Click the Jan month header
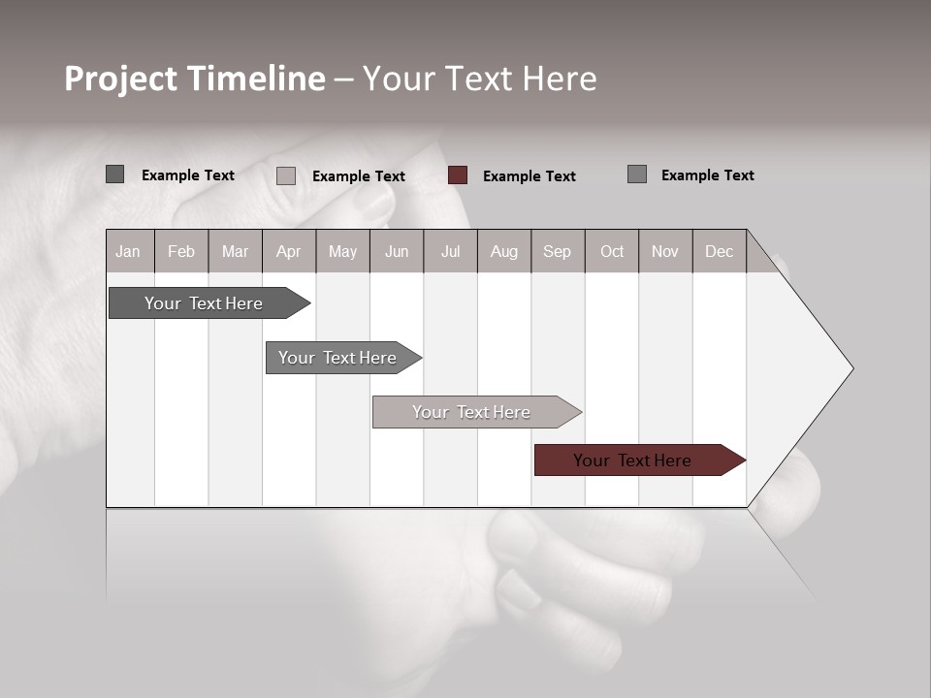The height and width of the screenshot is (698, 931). tap(128, 251)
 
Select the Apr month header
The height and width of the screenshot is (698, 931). tap(288, 251)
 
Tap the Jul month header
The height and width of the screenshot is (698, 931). tap(450, 251)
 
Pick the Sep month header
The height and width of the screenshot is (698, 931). tap(557, 251)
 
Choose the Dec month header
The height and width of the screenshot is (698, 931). tap(719, 251)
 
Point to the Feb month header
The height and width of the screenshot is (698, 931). tap(181, 251)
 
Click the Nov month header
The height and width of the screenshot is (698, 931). tap(664, 251)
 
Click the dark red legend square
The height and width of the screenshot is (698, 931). tap(458, 175)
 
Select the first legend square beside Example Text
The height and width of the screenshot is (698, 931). tap(115, 174)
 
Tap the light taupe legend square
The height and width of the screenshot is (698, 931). tap(286, 175)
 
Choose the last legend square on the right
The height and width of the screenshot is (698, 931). tap(637, 174)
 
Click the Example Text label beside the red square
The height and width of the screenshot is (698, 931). tap(529, 175)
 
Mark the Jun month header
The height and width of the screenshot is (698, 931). tap(396, 251)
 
